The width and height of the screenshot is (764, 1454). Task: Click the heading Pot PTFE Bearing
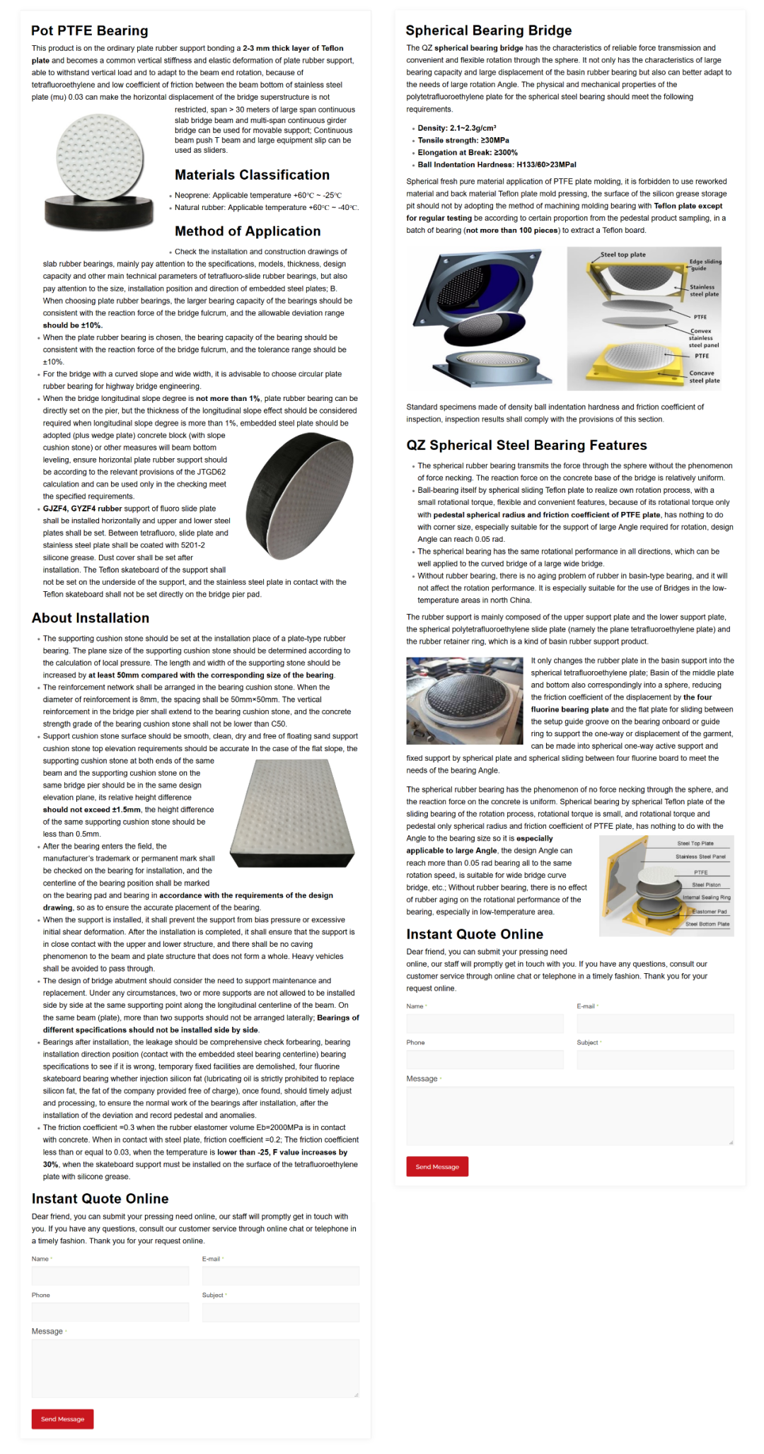tap(90, 30)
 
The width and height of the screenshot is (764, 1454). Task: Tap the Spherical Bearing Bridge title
tap(488, 30)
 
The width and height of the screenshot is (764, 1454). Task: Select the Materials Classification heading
tap(252, 175)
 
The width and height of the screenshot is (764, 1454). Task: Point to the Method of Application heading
tap(248, 231)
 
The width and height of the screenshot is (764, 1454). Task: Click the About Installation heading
tap(91, 618)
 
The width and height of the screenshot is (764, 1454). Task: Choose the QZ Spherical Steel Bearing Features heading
tap(526, 445)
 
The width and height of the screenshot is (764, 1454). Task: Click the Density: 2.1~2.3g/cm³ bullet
tap(456, 128)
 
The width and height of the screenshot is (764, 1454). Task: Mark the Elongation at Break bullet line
tap(467, 152)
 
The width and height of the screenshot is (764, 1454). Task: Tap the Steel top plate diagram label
tap(623, 255)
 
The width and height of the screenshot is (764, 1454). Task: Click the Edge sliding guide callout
tap(705, 264)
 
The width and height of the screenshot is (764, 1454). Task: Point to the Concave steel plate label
tap(704, 377)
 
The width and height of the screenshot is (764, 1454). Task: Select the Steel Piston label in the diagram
tap(706, 885)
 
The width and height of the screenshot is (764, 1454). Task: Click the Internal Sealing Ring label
tap(706, 897)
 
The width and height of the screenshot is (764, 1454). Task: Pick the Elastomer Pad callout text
tap(709, 912)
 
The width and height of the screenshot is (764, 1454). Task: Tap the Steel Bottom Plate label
tap(707, 924)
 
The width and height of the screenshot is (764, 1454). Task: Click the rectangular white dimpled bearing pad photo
tap(292, 813)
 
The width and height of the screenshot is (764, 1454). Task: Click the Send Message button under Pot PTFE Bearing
tap(62, 1419)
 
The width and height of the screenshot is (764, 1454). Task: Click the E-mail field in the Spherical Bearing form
tap(655, 1023)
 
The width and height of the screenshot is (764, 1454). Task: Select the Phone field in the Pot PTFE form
tap(110, 1312)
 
